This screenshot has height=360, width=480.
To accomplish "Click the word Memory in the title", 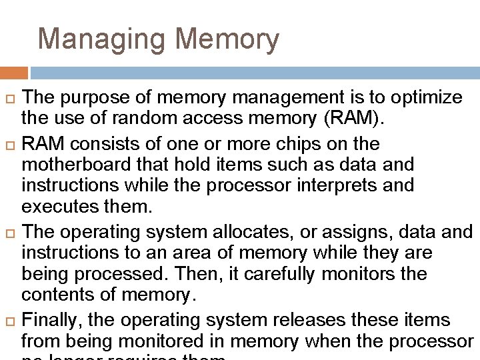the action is coord(227,39).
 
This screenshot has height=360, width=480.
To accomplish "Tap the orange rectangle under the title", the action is coord(14,73).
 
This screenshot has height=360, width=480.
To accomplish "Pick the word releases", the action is coord(304,321).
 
